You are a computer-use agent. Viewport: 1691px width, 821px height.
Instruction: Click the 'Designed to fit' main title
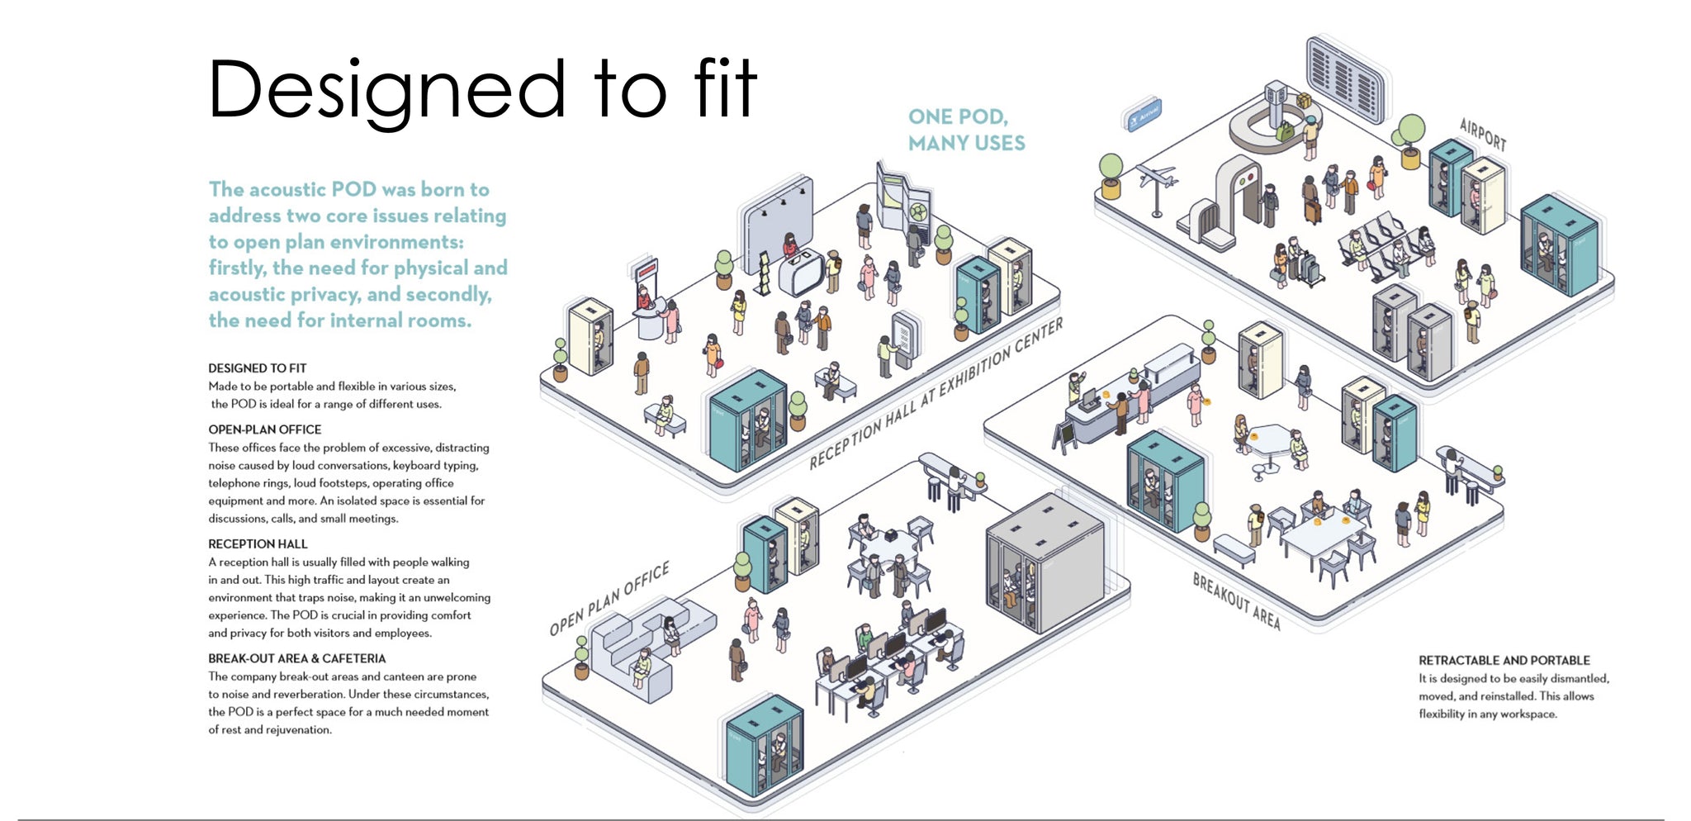[x=482, y=89]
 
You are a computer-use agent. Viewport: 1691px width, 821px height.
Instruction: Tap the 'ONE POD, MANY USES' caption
[x=966, y=131]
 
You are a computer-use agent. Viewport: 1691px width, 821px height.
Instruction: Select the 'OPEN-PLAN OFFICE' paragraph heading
[x=264, y=429]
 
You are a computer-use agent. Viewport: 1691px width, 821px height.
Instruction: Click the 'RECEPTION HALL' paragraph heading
[x=258, y=544]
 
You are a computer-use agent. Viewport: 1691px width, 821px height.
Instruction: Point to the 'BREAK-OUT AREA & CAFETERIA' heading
[x=296, y=658]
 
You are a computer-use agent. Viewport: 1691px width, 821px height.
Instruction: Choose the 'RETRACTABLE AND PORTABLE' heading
[x=1504, y=661]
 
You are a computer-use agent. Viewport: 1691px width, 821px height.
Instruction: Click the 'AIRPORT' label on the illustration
[x=1482, y=135]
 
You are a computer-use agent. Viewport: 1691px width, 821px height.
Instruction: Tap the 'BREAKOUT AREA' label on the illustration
[x=1235, y=601]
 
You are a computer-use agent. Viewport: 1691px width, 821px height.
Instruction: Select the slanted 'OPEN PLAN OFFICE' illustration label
[x=609, y=599]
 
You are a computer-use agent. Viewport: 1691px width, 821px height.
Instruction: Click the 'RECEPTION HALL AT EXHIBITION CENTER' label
[x=935, y=395]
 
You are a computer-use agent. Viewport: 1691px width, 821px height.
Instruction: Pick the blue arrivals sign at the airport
[x=1144, y=115]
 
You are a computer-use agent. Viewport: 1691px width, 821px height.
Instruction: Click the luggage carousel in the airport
[x=1267, y=132]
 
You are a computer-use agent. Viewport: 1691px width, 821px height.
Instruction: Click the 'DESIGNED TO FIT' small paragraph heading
[x=257, y=368]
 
